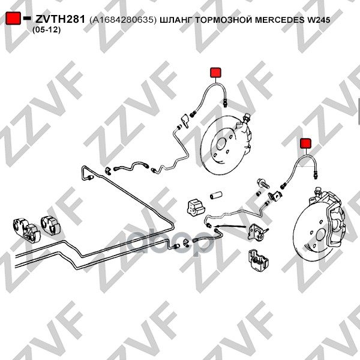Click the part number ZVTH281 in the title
(x=61, y=19)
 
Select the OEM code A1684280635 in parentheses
(x=123, y=20)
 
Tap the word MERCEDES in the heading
(x=280, y=20)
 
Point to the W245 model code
(x=318, y=20)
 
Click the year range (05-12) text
(x=46, y=30)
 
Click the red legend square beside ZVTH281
(x=13, y=19)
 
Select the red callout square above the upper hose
(x=215, y=73)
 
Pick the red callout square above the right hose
(x=306, y=143)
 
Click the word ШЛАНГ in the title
(x=176, y=20)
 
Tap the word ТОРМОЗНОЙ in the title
(x=224, y=20)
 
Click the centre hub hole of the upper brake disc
(x=221, y=144)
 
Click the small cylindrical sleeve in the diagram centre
(x=216, y=195)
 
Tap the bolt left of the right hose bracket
(x=263, y=184)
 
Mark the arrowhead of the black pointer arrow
(x=216, y=226)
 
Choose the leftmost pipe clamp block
(x=26, y=230)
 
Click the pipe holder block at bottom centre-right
(x=258, y=259)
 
